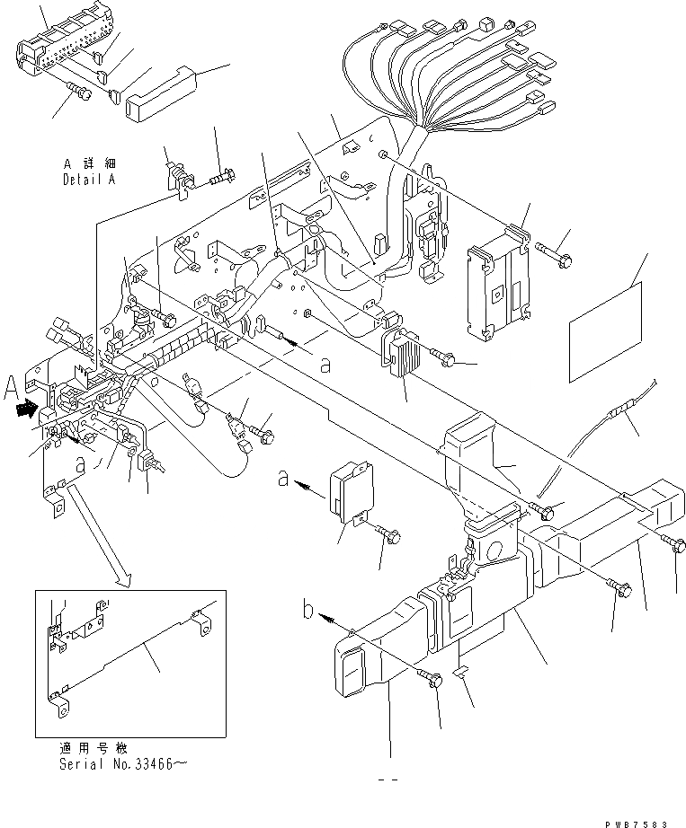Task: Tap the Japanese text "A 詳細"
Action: tap(91, 165)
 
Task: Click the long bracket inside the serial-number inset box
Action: tap(135, 654)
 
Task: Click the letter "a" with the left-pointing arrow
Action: tap(285, 480)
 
